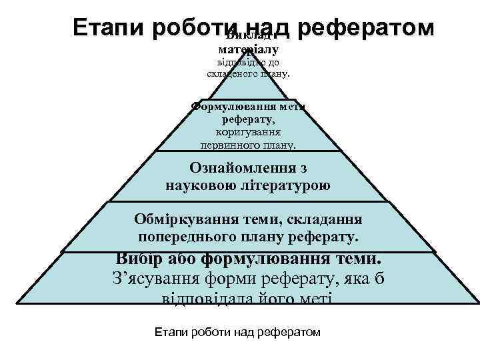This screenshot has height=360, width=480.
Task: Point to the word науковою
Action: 199,185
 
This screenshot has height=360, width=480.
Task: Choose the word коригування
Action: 248,133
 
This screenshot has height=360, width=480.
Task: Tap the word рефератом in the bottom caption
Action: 292,331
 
